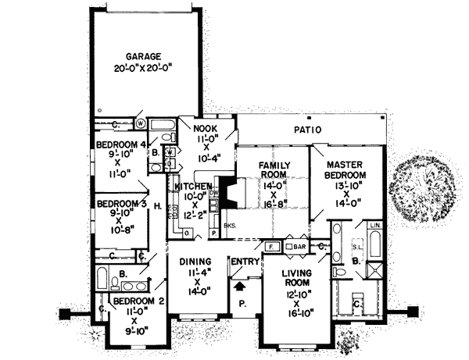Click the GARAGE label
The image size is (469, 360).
click(x=144, y=56)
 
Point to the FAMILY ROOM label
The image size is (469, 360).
click(x=274, y=172)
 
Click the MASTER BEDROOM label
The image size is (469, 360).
click(x=347, y=171)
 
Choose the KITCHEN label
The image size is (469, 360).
click(x=192, y=187)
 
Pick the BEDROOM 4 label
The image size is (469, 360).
click(x=121, y=145)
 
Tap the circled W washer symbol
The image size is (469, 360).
click(x=141, y=123)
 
